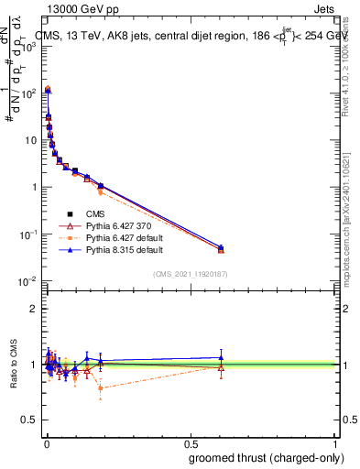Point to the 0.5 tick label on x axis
pyautogui.click(x=190, y=444)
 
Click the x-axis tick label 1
pyautogui.click(x=335, y=444)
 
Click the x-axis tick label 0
pyautogui.click(x=45, y=444)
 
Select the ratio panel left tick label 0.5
pyautogui.click(x=30, y=421)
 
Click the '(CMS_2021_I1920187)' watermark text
pyautogui.click(x=191, y=273)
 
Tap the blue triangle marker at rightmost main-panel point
pyautogui.click(x=221, y=247)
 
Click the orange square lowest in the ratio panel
pyautogui.click(x=100, y=388)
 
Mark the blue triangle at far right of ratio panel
pyautogui.click(x=221, y=357)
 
